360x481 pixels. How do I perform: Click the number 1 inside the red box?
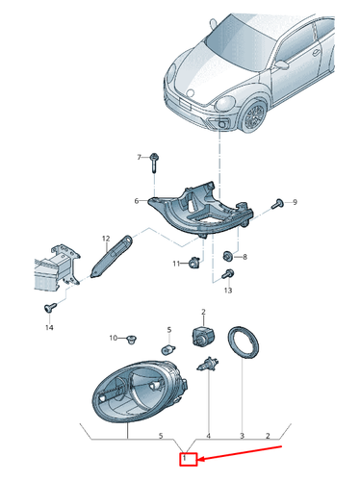click(x=185, y=459)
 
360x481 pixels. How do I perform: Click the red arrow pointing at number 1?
click(x=239, y=453)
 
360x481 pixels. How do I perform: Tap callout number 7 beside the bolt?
click(x=139, y=157)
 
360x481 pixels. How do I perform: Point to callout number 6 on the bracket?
click(x=137, y=201)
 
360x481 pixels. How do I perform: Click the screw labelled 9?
click(x=277, y=204)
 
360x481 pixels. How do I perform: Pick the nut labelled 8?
click(x=228, y=256)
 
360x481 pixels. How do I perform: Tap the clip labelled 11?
click(x=194, y=263)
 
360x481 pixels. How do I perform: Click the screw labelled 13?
click(x=228, y=274)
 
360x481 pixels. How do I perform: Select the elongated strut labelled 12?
click(x=112, y=257)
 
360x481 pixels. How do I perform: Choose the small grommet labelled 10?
click(x=132, y=339)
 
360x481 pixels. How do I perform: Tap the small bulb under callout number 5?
click(x=168, y=349)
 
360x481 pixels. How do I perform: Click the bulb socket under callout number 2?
click(x=203, y=336)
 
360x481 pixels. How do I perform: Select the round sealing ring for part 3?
click(x=243, y=342)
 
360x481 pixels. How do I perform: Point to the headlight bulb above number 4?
click(x=208, y=365)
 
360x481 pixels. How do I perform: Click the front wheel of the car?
click(x=254, y=115)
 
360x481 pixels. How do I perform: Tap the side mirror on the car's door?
click(x=282, y=64)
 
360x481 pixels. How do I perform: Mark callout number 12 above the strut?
click(x=106, y=239)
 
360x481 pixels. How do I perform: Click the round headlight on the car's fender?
click(x=225, y=104)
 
